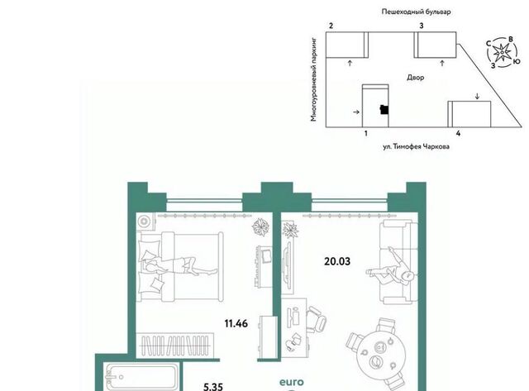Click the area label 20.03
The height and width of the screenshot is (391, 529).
click(337, 261)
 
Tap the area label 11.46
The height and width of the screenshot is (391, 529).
click(236, 323)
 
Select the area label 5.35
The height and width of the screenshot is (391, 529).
click(213, 386)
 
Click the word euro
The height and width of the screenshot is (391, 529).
click(292, 382)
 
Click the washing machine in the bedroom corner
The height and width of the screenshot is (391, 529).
click(145, 222)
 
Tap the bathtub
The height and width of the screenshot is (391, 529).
click(141, 377)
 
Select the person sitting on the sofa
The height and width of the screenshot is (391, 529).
click(393, 269)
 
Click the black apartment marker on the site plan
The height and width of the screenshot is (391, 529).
click(384, 110)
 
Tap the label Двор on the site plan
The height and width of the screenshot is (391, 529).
click(415, 78)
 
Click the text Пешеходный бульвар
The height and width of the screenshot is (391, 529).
click(416, 12)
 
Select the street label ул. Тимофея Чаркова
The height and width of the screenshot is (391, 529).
click(416, 147)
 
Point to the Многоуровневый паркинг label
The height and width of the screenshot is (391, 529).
click(314, 79)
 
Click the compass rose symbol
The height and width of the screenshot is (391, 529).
click(503, 52)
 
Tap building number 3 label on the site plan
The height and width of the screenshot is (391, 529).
click(422, 26)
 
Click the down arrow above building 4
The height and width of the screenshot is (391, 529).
click(477, 96)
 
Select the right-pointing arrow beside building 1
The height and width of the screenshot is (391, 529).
click(356, 112)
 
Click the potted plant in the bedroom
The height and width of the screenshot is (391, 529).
click(260, 226)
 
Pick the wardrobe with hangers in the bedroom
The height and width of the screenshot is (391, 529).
click(175, 345)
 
